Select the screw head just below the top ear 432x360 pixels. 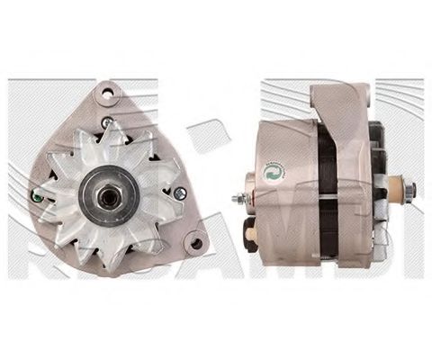point(107,121)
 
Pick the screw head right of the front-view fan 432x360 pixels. point(179,192)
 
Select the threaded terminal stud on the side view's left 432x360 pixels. point(238,199)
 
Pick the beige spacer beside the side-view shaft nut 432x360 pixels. point(392,190)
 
